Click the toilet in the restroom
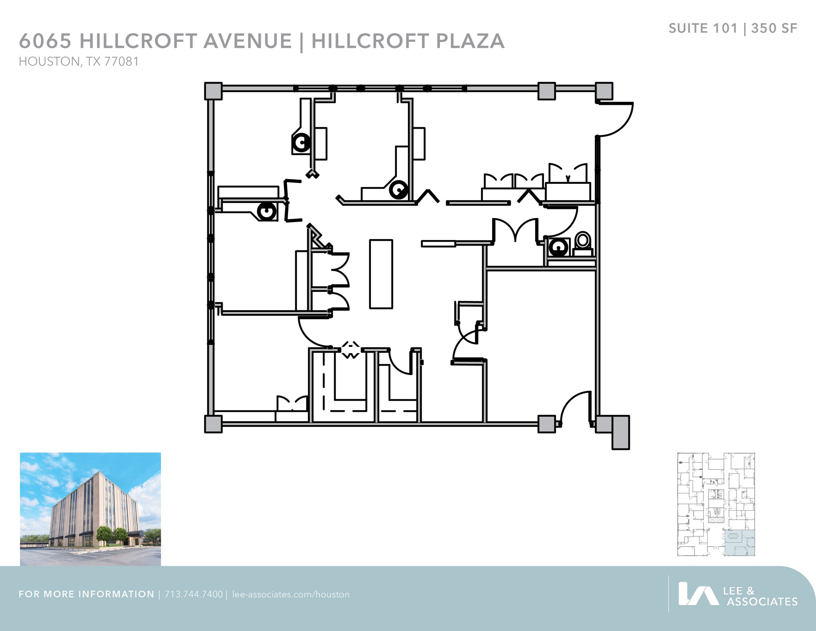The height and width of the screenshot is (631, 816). point(583,243)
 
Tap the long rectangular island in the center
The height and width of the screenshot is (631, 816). point(381,274)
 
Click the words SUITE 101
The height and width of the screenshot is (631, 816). point(703,29)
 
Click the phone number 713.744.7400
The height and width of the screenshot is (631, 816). point(194,594)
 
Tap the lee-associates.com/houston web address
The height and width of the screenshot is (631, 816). point(290,594)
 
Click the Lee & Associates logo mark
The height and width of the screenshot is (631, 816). point(698,594)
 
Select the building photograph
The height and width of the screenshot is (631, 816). point(90,509)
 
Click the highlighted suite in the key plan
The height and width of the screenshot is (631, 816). point(739,543)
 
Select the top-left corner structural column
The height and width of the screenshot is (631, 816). point(213,91)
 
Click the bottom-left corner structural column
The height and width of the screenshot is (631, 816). point(213,424)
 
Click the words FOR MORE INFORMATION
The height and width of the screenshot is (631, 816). point(86,594)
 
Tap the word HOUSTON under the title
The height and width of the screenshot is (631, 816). point(49,62)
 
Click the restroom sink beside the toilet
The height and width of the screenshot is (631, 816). point(559,248)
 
